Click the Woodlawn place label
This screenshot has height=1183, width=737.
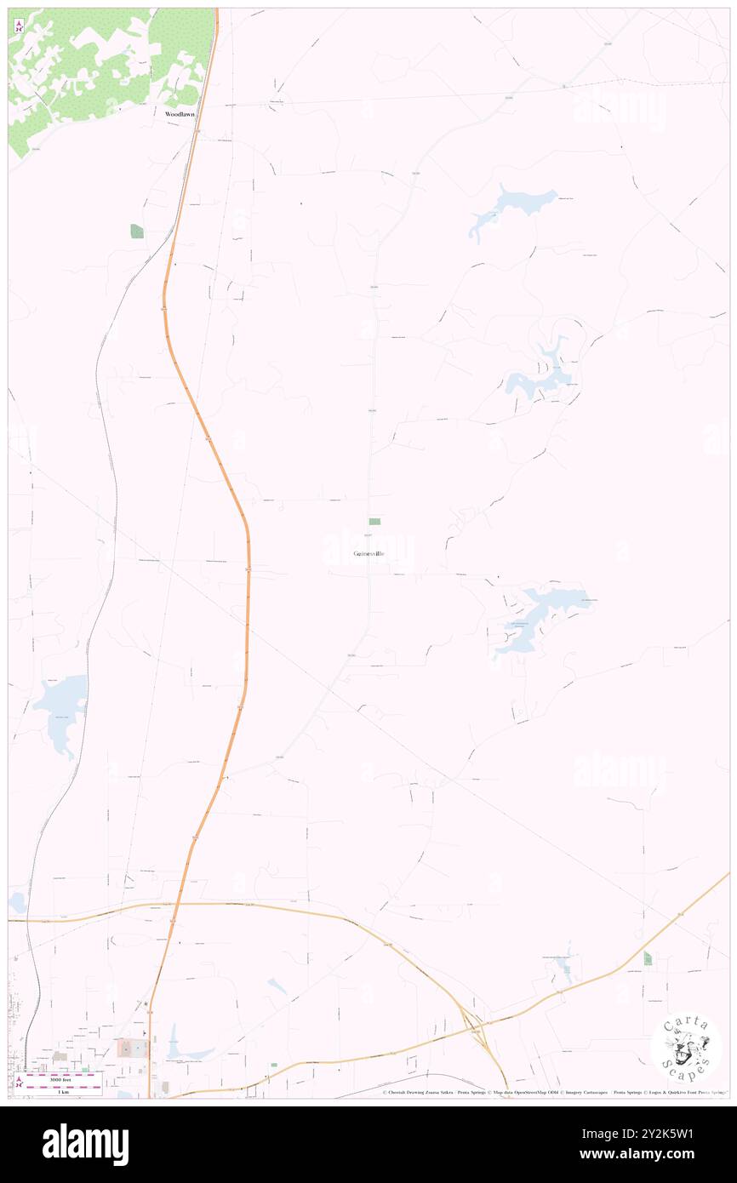180,113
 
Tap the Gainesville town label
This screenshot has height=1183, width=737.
368,554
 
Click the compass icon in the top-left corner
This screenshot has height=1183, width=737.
19,26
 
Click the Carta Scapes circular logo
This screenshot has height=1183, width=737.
686,1047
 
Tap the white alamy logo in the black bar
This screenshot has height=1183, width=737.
85,1144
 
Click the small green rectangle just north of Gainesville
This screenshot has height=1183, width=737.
374,521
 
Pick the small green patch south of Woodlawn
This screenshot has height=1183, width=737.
137,231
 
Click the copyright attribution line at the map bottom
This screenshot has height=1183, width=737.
553,1092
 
